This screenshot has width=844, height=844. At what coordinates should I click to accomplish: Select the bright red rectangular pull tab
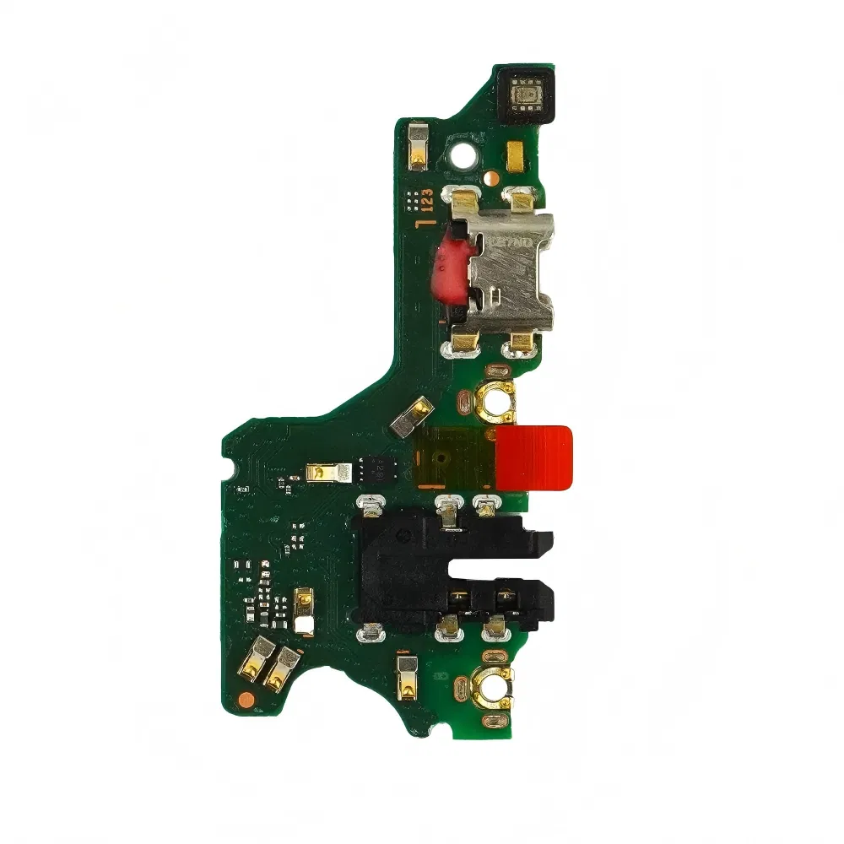point(533,459)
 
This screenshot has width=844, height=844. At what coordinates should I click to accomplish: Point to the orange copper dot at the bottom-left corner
point(245,698)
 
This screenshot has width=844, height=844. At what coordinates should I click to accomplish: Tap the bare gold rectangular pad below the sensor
point(514,155)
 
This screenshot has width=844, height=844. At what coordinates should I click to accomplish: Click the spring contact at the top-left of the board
point(417,143)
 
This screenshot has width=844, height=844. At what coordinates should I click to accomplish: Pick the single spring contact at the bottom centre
point(406,675)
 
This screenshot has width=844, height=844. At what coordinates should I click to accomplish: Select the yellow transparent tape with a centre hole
point(449,459)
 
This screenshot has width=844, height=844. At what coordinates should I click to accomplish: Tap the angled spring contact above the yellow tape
point(414,418)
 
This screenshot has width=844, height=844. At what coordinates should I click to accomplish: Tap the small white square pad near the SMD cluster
point(304,625)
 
